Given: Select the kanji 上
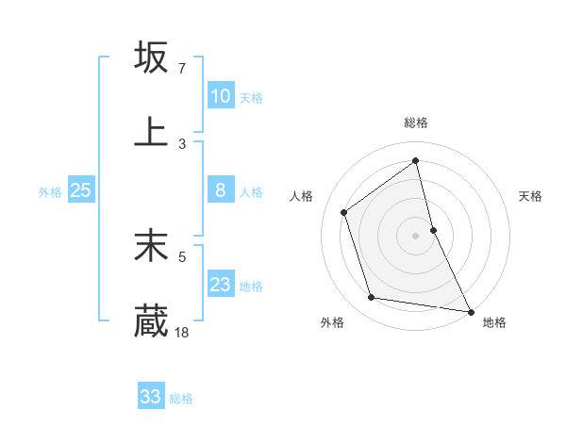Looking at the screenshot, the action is click(151, 131).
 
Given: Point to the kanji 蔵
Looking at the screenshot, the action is click(151, 320).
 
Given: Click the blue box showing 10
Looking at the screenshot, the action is click(220, 96).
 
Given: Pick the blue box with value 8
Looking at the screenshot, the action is click(220, 190).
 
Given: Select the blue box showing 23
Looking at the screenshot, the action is click(220, 285).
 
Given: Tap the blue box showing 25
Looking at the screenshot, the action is click(80, 190).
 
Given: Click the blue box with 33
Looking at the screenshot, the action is click(150, 397).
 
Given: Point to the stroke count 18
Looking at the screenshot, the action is click(182, 332).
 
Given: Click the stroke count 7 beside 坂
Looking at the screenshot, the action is click(181, 69).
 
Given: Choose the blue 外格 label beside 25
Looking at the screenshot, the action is click(50, 192).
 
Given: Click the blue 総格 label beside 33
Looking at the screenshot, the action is click(181, 399).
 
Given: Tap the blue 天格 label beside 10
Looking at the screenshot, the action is click(251, 98).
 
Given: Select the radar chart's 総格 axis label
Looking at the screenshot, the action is click(416, 123).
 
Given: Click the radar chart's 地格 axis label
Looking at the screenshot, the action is click(494, 323).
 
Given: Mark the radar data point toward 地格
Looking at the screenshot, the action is click(470, 311).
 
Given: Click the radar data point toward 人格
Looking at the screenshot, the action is click(344, 212).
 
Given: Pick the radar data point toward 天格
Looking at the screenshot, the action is click(433, 230).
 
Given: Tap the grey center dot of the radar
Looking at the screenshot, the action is click(416, 236).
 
